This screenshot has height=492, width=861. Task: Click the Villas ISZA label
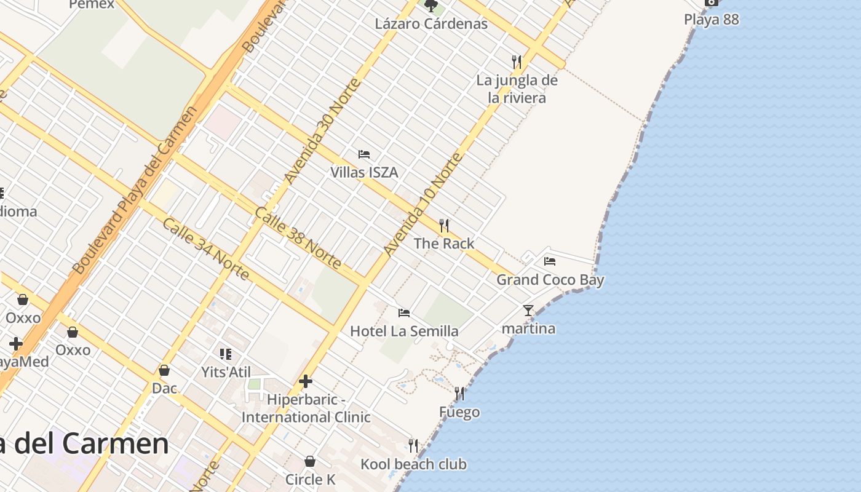click(364, 172)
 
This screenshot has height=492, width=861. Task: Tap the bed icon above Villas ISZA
click(364, 154)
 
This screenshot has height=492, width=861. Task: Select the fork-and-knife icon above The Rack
click(444, 225)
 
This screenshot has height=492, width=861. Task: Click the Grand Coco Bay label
click(550, 280)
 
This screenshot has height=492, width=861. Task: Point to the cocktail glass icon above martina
click(528, 310)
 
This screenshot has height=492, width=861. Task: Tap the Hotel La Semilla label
click(404, 331)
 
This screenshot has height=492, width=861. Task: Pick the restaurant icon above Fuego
click(459, 393)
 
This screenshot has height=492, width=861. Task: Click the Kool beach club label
click(413, 464)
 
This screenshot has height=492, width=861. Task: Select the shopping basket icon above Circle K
click(310, 461)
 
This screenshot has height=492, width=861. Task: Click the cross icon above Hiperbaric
click(306, 381)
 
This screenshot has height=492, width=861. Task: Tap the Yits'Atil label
click(226, 372)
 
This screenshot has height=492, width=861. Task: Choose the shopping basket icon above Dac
click(164, 370)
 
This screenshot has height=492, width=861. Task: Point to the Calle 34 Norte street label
click(205, 248)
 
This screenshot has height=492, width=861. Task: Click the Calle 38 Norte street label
click(298, 237)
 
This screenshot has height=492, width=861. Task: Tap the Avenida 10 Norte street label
click(423, 204)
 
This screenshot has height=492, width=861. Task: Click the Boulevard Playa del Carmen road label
click(134, 191)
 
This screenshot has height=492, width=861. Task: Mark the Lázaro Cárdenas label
click(431, 24)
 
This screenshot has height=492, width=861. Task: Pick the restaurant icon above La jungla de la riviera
click(517, 61)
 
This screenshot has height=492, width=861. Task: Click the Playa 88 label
click(711, 19)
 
